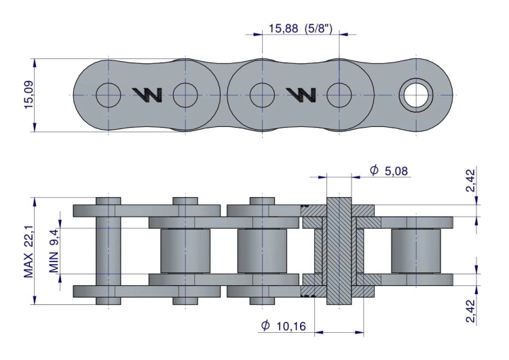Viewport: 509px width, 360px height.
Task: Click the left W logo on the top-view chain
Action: coord(147,96)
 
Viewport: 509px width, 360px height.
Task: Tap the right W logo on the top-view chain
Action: coord(301,96)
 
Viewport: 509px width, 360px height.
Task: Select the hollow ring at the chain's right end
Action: coord(415,96)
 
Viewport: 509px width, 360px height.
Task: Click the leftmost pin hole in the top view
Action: coord(108,96)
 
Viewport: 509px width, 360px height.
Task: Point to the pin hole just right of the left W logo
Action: coord(185,96)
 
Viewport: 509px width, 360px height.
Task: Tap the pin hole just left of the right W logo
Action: coord(261,96)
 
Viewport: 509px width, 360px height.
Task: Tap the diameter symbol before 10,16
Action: coord(265,326)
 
